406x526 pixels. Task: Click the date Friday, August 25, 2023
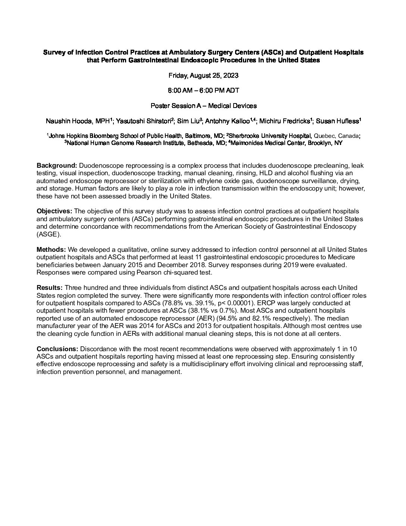tap(203, 75)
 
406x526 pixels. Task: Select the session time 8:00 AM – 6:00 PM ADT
tap(203, 90)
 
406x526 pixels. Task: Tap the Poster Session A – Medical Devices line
tap(203, 106)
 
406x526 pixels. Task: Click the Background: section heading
tap(57, 165)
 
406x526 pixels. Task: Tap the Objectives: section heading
tap(54, 211)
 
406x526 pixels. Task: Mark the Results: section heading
tap(50, 288)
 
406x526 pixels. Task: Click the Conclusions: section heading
tap(57, 349)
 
